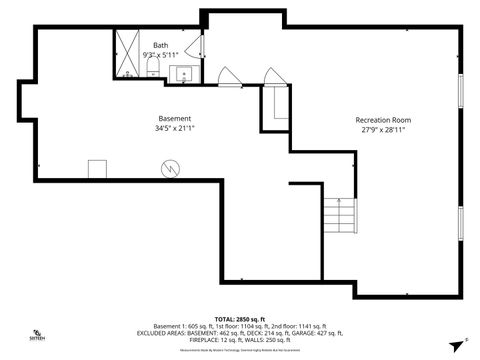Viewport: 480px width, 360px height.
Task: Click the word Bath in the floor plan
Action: pyautogui.click(x=160, y=45)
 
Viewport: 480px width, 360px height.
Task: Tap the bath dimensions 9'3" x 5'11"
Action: pyautogui.click(x=160, y=54)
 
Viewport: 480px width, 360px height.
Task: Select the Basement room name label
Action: pyautogui.click(x=174, y=118)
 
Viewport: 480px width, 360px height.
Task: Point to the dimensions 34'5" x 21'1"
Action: pyautogui.click(x=174, y=128)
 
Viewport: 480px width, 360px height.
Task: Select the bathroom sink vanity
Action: pyautogui.click(x=182, y=73)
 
